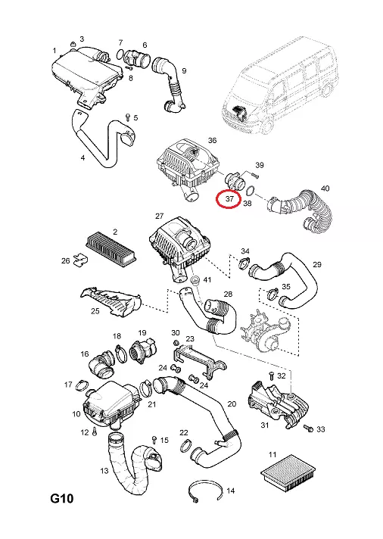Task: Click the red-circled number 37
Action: [229, 198]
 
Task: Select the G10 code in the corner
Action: [62, 498]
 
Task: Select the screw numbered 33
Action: [308, 428]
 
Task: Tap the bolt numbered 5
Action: [127, 117]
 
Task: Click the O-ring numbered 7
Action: [120, 54]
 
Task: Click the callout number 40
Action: [325, 188]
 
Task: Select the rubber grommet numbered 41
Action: [195, 279]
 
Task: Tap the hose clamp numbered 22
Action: [185, 445]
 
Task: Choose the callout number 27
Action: [159, 216]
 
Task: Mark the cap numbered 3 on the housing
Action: [73, 45]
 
